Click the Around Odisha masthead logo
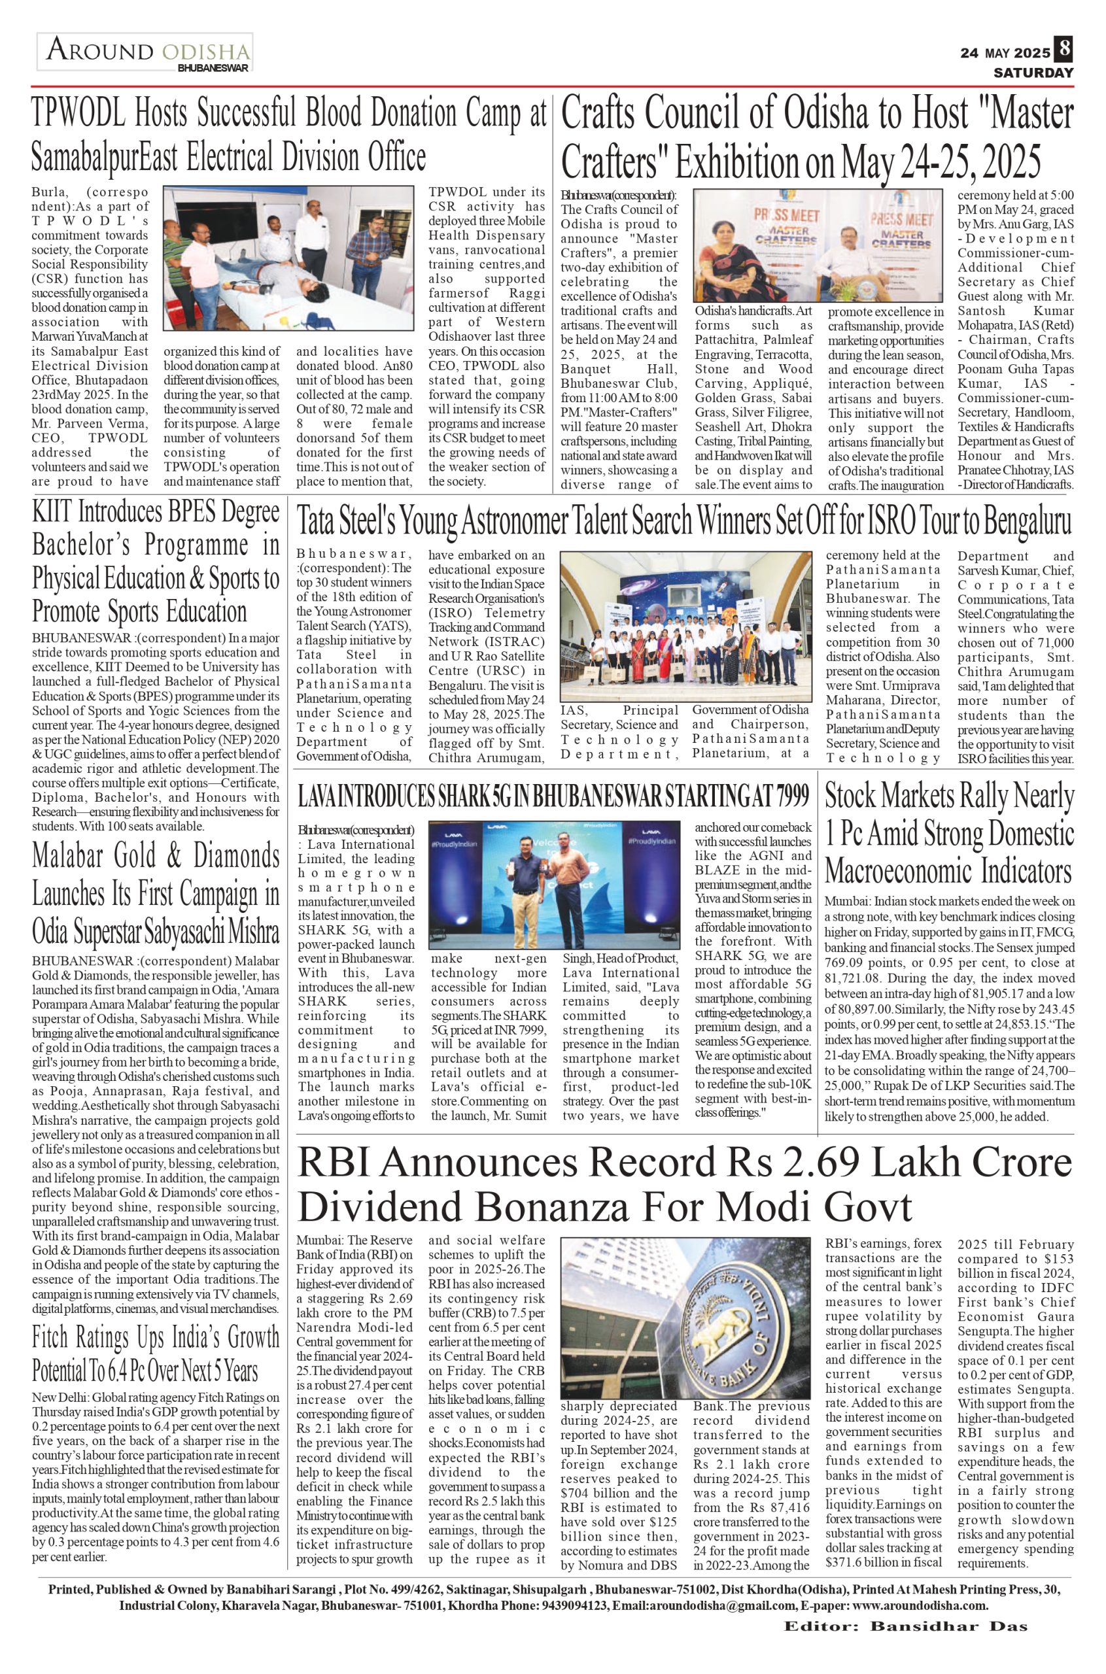point(146,53)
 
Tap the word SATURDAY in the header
point(1033,73)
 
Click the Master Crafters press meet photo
point(818,246)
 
